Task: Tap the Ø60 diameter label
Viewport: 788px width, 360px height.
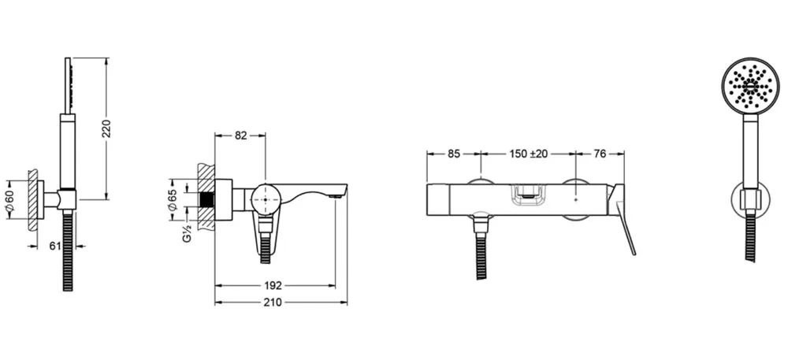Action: tap(11, 201)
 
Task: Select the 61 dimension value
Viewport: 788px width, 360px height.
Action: tap(55, 246)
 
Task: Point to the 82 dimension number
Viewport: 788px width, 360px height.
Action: tap(240, 135)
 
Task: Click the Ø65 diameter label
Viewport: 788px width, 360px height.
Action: tap(173, 200)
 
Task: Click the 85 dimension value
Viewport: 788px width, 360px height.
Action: tap(454, 154)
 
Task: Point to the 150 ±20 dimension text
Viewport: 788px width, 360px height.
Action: tap(528, 154)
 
